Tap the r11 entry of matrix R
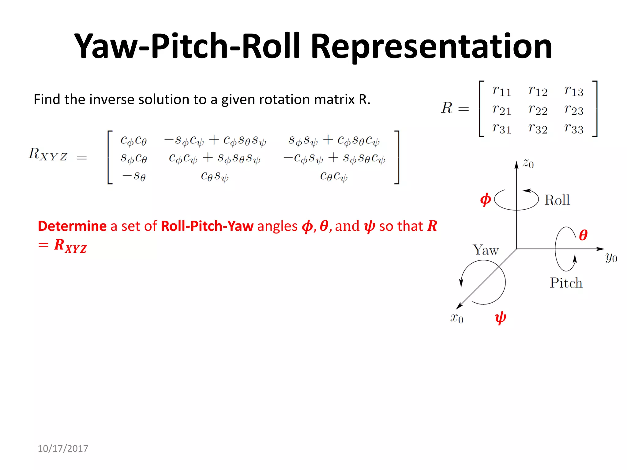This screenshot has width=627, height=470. pos(501,91)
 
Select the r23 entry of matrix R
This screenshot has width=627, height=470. pos(574,110)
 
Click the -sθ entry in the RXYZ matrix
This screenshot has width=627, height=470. pos(134,176)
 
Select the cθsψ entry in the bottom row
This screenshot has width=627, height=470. pos(215,176)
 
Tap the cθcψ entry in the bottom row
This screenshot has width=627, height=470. pos(334,176)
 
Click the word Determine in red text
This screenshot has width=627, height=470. pos(72,226)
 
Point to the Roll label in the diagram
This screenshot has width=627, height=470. pos(557,200)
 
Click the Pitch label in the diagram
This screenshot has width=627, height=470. pos(566,283)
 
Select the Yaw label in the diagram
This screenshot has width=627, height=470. pos(486,250)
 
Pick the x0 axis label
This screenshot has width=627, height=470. pos(456,318)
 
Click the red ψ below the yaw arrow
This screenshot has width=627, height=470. pos(500,318)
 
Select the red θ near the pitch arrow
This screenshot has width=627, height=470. pos(583,235)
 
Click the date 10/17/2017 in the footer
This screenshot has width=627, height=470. pos(63,449)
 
